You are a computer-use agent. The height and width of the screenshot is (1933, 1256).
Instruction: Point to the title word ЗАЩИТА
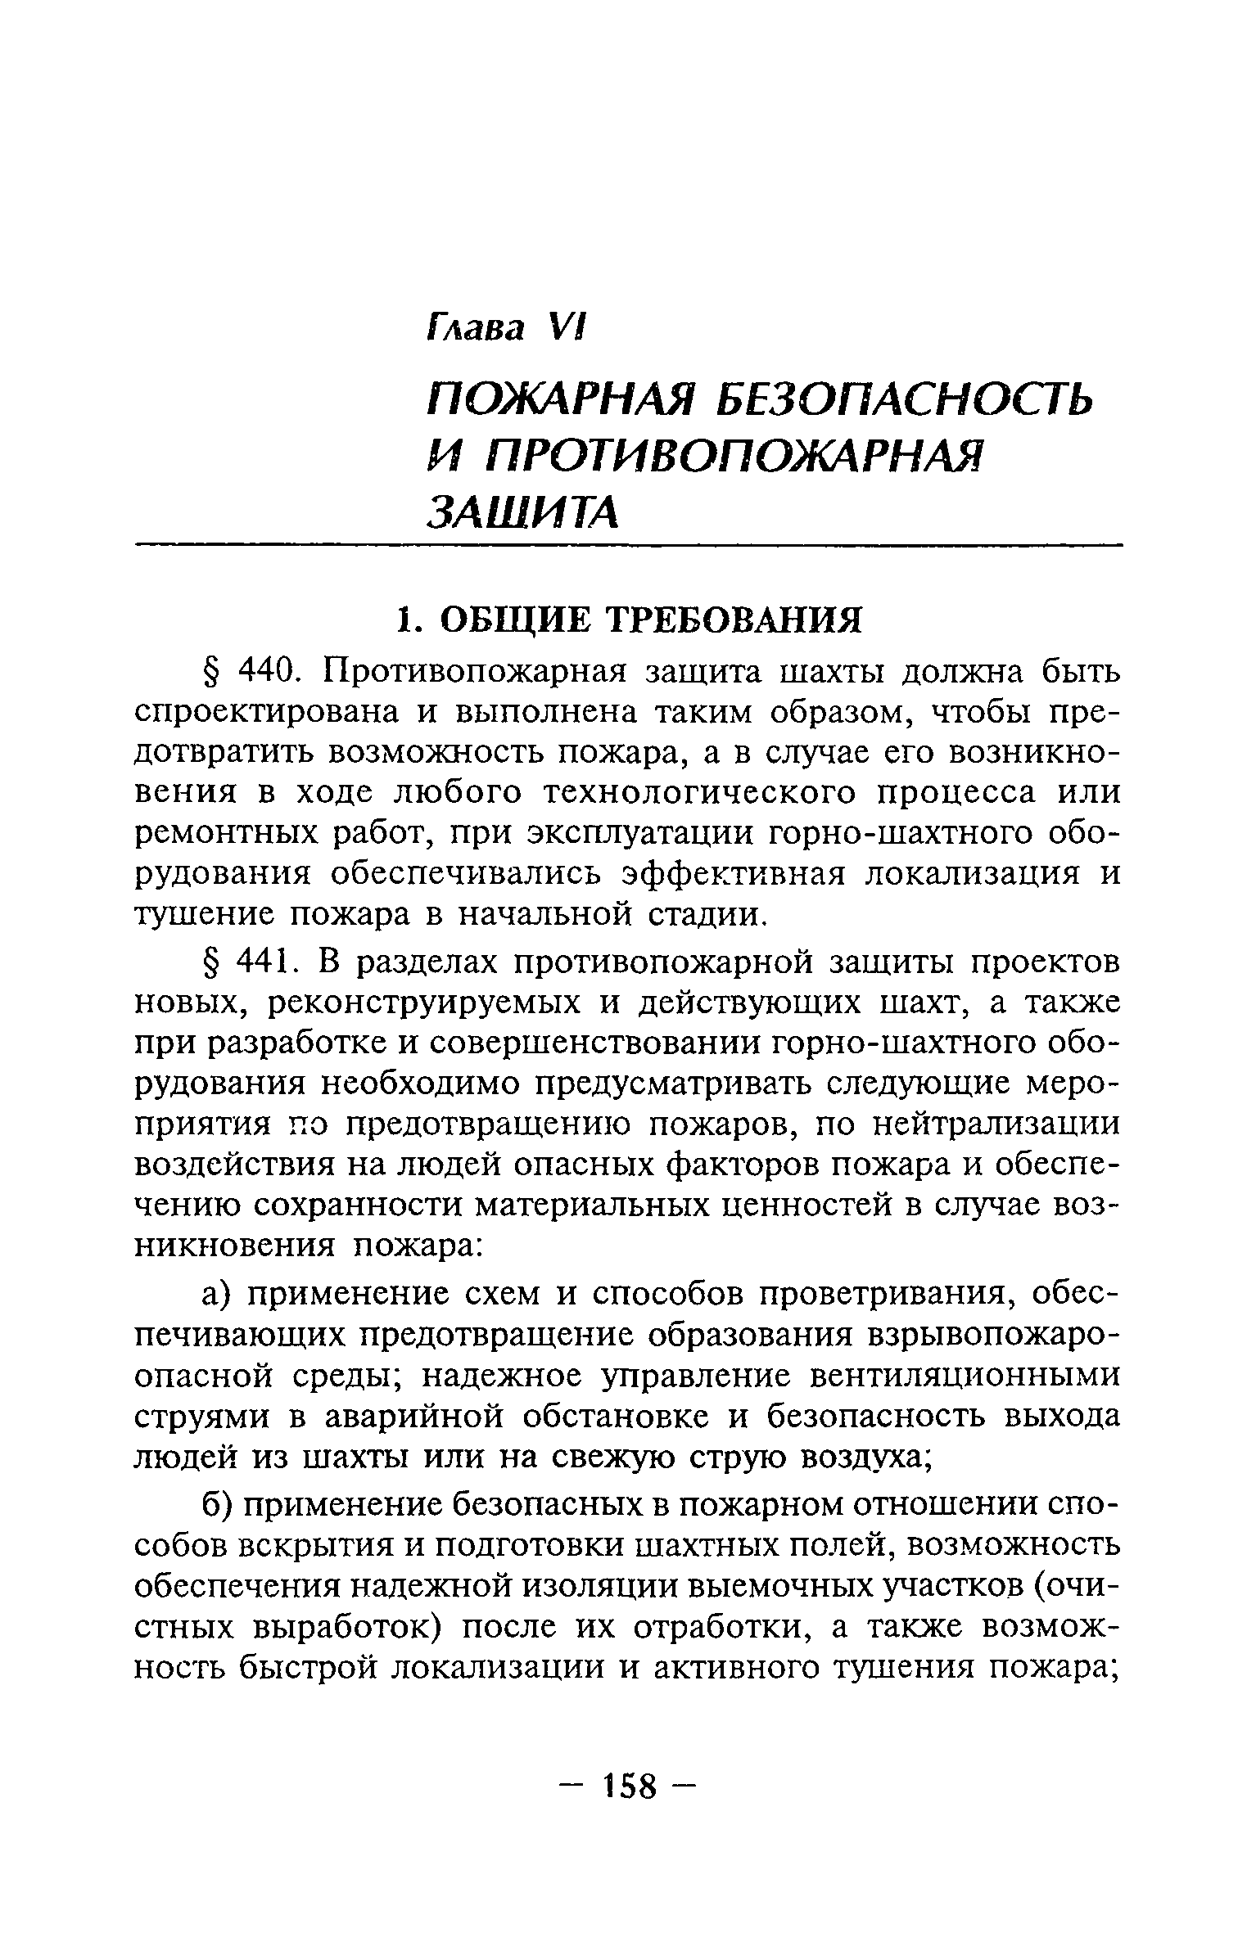point(522,511)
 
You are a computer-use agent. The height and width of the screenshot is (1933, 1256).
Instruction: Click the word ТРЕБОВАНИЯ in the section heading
point(738,620)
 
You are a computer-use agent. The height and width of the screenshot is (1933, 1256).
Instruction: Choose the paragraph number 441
point(261,962)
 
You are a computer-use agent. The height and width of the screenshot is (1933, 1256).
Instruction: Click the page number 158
point(630,1787)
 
